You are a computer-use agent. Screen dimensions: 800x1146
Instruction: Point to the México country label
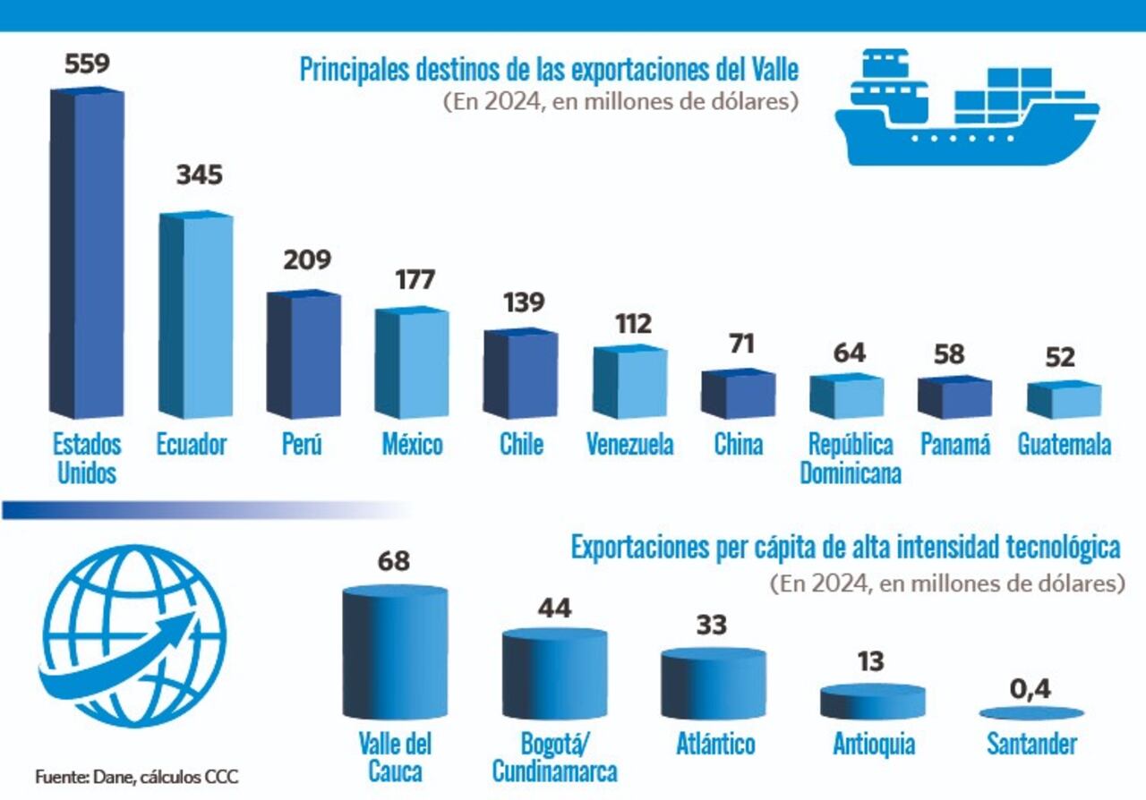pyautogui.click(x=412, y=445)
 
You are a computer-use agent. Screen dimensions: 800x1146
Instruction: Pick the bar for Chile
pyautogui.click(x=521, y=374)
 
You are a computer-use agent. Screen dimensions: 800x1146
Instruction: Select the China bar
pyautogui.click(x=738, y=395)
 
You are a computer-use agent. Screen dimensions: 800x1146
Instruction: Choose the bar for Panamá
pyautogui.click(x=954, y=397)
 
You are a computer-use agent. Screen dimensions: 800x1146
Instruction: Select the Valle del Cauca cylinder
pyautogui.click(x=394, y=654)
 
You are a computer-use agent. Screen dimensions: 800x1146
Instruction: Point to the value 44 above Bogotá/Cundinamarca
pyautogui.click(x=554, y=609)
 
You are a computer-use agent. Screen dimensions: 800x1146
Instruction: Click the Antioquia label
pyautogui.click(x=873, y=745)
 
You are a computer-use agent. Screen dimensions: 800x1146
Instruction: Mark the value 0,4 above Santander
pyautogui.click(x=1031, y=689)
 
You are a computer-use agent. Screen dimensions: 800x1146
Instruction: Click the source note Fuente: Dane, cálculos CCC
pyautogui.click(x=137, y=776)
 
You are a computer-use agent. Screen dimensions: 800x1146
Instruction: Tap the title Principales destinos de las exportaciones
pyautogui.click(x=549, y=70)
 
